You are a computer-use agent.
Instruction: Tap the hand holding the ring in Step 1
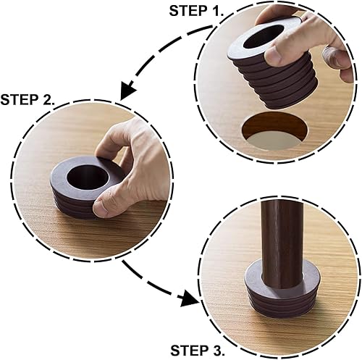[x=319, y=36]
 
